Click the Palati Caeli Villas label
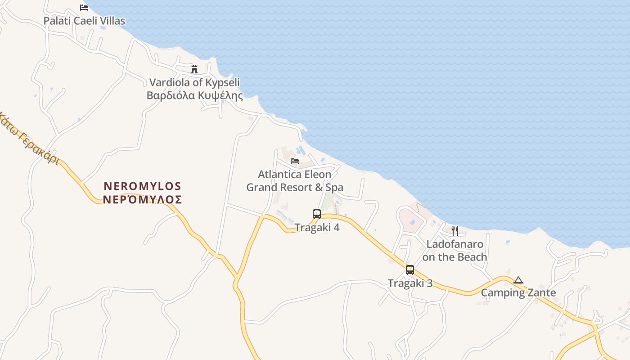84,21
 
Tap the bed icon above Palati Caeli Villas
84,7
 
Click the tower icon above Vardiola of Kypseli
194,69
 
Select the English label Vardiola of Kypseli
194,82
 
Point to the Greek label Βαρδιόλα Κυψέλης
194,95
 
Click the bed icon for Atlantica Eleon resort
295,161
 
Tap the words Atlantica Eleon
295,174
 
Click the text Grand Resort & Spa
295,187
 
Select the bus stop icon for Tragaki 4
317,214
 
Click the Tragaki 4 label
317,228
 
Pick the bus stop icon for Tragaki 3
410,270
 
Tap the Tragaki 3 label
410,283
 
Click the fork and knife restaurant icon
455,231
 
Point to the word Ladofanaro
455,244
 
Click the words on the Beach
455,257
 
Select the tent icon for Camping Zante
518,280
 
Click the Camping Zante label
518,293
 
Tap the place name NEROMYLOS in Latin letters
142,186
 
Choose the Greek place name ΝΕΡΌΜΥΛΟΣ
142,199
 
